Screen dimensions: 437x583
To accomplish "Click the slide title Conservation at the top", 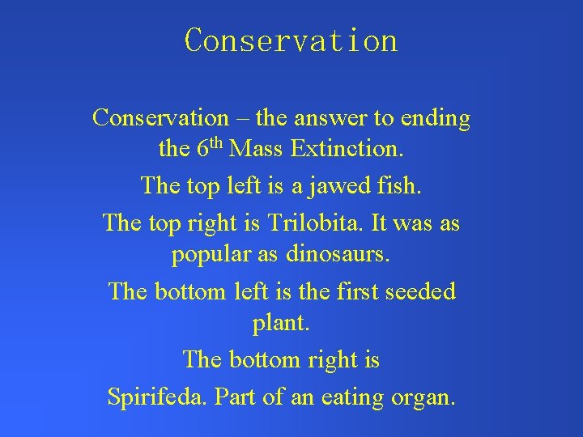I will [291, 40].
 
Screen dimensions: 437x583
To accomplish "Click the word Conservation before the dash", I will [161, 118].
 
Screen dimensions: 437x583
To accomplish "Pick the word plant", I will [281, 325].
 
